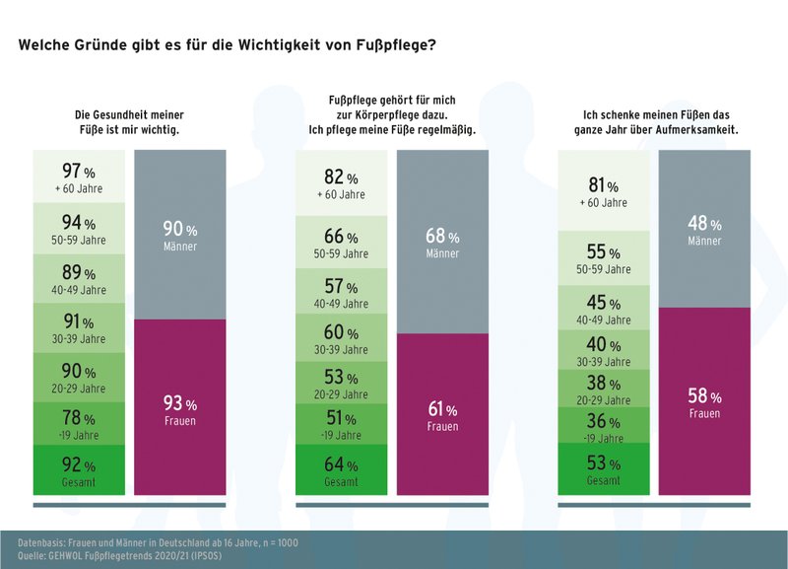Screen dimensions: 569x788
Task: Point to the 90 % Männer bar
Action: [180, 235]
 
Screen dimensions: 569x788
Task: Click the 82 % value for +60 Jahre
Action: [344, 183]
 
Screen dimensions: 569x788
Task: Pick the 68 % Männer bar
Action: [442, 242]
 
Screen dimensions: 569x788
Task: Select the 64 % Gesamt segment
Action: [344, 470]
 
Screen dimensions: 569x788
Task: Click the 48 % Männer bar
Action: [704, 229]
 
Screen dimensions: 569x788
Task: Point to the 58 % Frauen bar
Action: [704, 401]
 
